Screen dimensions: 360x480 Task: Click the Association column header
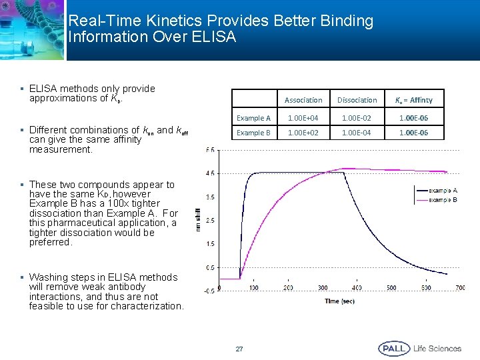[303, 100]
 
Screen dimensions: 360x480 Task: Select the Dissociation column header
[357, 100]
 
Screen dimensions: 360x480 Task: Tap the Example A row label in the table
[253, 118]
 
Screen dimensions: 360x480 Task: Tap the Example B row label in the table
[253, 133]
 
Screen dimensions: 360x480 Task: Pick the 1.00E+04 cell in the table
[303, 118]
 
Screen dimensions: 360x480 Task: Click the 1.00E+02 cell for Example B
[303, 133]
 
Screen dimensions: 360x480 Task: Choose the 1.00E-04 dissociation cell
[357, 133]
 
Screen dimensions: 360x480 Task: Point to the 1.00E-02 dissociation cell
[357, 118]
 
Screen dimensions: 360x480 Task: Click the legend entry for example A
[442, 191]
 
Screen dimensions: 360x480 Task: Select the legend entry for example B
[442, 200]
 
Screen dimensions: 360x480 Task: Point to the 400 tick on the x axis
[357, 288]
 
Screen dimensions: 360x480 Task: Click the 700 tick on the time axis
[460, 288]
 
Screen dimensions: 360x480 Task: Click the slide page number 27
[239, 349]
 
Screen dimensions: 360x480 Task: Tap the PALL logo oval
[393, 348]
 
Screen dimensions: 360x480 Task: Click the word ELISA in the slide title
[213, 37]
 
